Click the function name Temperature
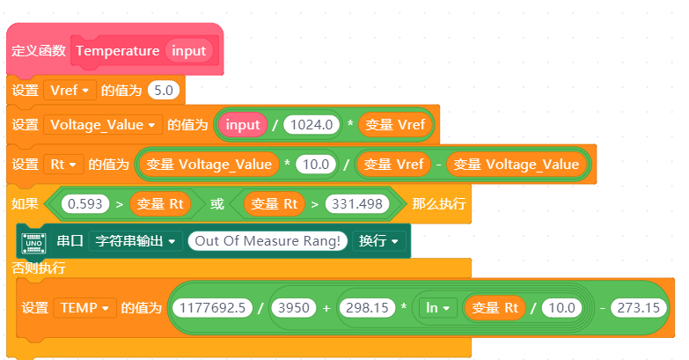[118, 51]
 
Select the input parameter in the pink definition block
[189, 51]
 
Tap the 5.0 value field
[164, 91]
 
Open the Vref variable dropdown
[70, 91]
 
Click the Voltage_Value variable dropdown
[103, 125]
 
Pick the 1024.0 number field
[312, 125]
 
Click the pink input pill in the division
[243, 125]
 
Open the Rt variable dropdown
[63, 165]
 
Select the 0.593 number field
[85, 204]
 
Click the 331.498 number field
[357, 204]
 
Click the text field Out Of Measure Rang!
[268, 241]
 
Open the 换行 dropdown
[378, 241]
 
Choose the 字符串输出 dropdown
[136, 241]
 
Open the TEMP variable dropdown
[85, 308]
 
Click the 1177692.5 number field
[213, 308]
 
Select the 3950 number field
[294, 308]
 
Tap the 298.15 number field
[367, 308]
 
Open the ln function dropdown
[437, 308]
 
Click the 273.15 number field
[639, 308]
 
